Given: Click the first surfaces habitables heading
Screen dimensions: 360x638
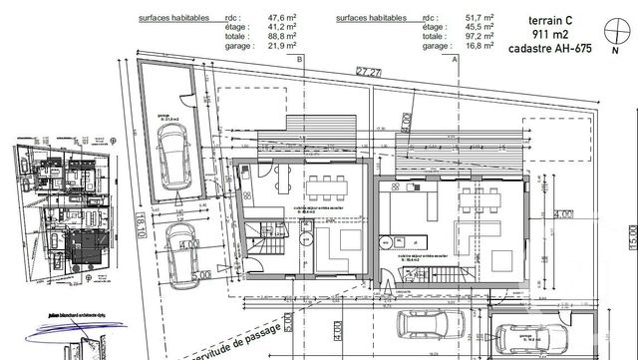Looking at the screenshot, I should [x=178, y=19].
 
